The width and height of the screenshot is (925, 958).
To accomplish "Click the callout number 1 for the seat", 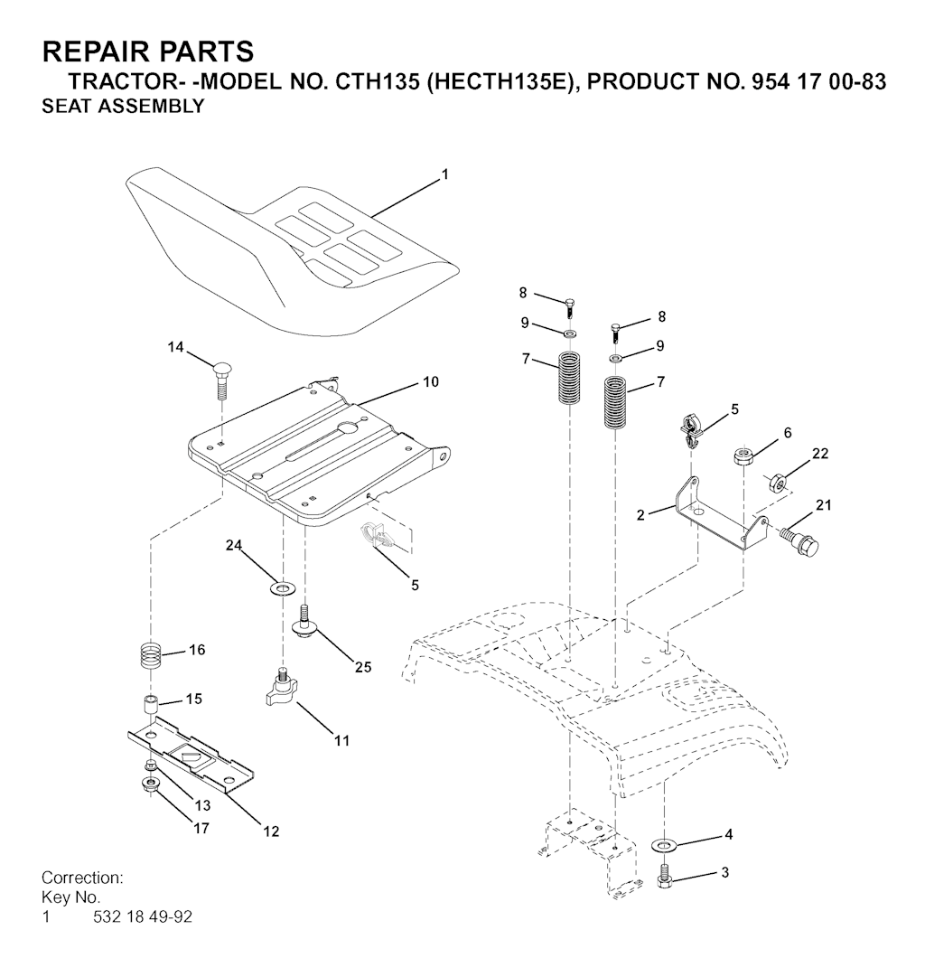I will [x=444, y=174].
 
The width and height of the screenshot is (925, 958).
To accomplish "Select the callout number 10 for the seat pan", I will [x=431, y=382].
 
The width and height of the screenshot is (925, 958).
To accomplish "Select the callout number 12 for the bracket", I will [x=271, y=831].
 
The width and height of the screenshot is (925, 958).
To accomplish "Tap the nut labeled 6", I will [x=743, y=455].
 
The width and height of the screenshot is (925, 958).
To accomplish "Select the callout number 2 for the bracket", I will [x=640, y=515].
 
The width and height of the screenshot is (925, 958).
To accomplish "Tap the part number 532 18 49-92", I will [x=143, y=917].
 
